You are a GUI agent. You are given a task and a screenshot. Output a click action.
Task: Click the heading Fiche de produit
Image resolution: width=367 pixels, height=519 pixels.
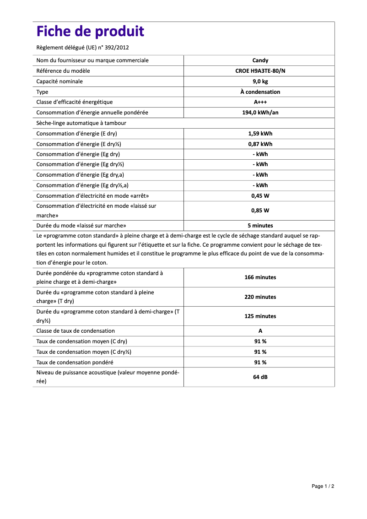[x=90, y=32]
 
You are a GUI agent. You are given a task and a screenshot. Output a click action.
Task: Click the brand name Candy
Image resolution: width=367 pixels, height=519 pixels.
[x=260, y=60]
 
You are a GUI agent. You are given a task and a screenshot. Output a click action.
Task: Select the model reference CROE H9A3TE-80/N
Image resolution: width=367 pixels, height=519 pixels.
[x=260, y=71]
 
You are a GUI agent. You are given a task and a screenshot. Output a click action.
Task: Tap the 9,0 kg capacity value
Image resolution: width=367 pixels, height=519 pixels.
[x=260, y=81]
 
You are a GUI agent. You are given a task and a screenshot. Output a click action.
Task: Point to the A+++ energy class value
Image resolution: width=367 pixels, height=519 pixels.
[x=260, y=102]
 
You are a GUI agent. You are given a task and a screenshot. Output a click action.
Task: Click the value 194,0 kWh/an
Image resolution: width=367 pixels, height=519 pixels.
[x=260, y=113]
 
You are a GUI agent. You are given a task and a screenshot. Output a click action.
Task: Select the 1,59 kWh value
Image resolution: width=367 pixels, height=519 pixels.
[x=260, y=134]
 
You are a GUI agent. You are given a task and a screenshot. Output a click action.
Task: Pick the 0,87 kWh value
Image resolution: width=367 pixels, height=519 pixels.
[x=260, y=144]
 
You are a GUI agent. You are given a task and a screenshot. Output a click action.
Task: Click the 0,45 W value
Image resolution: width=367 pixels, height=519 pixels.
[x=260, y=196]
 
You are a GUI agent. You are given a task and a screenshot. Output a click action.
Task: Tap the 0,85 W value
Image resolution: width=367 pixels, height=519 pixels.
[x=260, y=211]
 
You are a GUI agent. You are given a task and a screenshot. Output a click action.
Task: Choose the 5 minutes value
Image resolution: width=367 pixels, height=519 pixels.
[x=260, y=226]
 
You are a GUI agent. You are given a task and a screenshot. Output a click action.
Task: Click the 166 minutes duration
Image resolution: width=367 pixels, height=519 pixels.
[x=260, y=277]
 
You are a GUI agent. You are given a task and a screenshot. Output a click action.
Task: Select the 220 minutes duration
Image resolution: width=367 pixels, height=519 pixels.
[x=260, y=297]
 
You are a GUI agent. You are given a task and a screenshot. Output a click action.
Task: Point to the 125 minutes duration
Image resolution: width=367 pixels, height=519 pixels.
[x=260, y=316]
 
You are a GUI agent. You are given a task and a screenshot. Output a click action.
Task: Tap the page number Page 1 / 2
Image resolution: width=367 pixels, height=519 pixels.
[x=323, y=486]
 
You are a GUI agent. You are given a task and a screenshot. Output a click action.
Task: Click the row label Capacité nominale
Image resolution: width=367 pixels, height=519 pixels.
[x=59, y=81]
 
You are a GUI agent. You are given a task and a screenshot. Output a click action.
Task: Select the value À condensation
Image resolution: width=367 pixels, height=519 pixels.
[x=260, y=92]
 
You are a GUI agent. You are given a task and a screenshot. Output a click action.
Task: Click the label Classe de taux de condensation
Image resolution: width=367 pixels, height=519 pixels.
[x=76, y=331]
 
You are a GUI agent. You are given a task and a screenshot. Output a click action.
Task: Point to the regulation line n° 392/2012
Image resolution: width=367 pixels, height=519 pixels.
[x=86, y=47]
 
